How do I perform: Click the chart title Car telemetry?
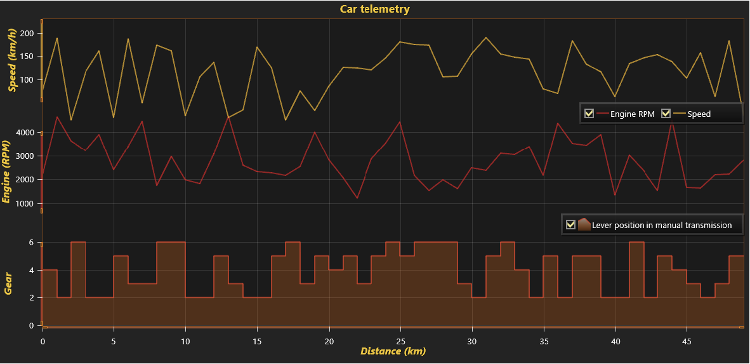[374, 9]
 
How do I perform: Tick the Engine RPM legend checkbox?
[589, 114]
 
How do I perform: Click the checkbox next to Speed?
[666, 114]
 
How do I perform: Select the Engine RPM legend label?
[632, 114]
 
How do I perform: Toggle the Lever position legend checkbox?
[570, 225]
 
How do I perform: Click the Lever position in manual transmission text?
[661, 226]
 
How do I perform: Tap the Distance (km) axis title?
[393, 351]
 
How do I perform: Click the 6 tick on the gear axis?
[30, 243]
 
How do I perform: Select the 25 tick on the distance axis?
[400, 341]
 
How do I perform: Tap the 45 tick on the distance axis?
[687, 341]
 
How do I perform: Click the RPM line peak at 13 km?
[228, 117]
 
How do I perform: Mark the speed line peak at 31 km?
[486, 37]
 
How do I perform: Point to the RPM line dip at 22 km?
[357, 198]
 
